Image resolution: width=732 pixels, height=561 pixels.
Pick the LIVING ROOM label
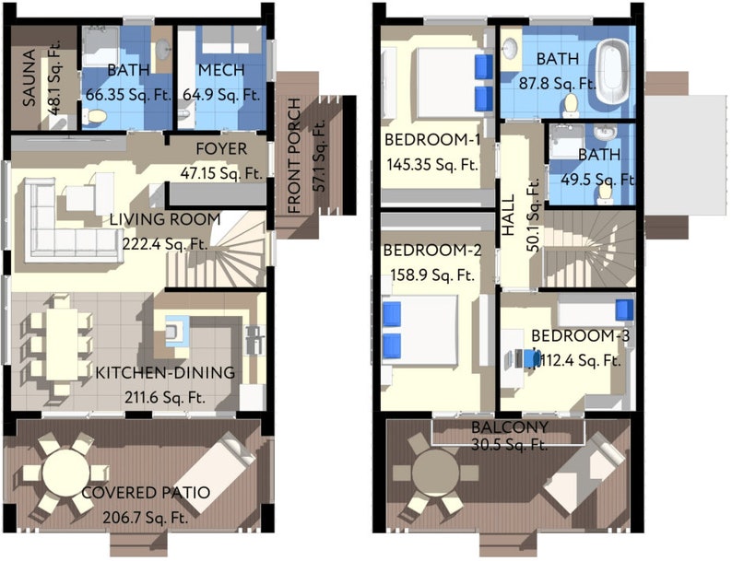click(x=165, y=220)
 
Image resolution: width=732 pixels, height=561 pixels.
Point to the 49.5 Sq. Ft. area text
click(x=592, y=177)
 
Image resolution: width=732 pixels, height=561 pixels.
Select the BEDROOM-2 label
click(x=432, y=251)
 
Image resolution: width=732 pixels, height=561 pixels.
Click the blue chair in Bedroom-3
click(x=532, y=358)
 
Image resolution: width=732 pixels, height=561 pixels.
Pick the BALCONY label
click(x=510, y=427)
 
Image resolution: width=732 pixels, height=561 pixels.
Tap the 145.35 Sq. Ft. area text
click(x=431, y=166)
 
